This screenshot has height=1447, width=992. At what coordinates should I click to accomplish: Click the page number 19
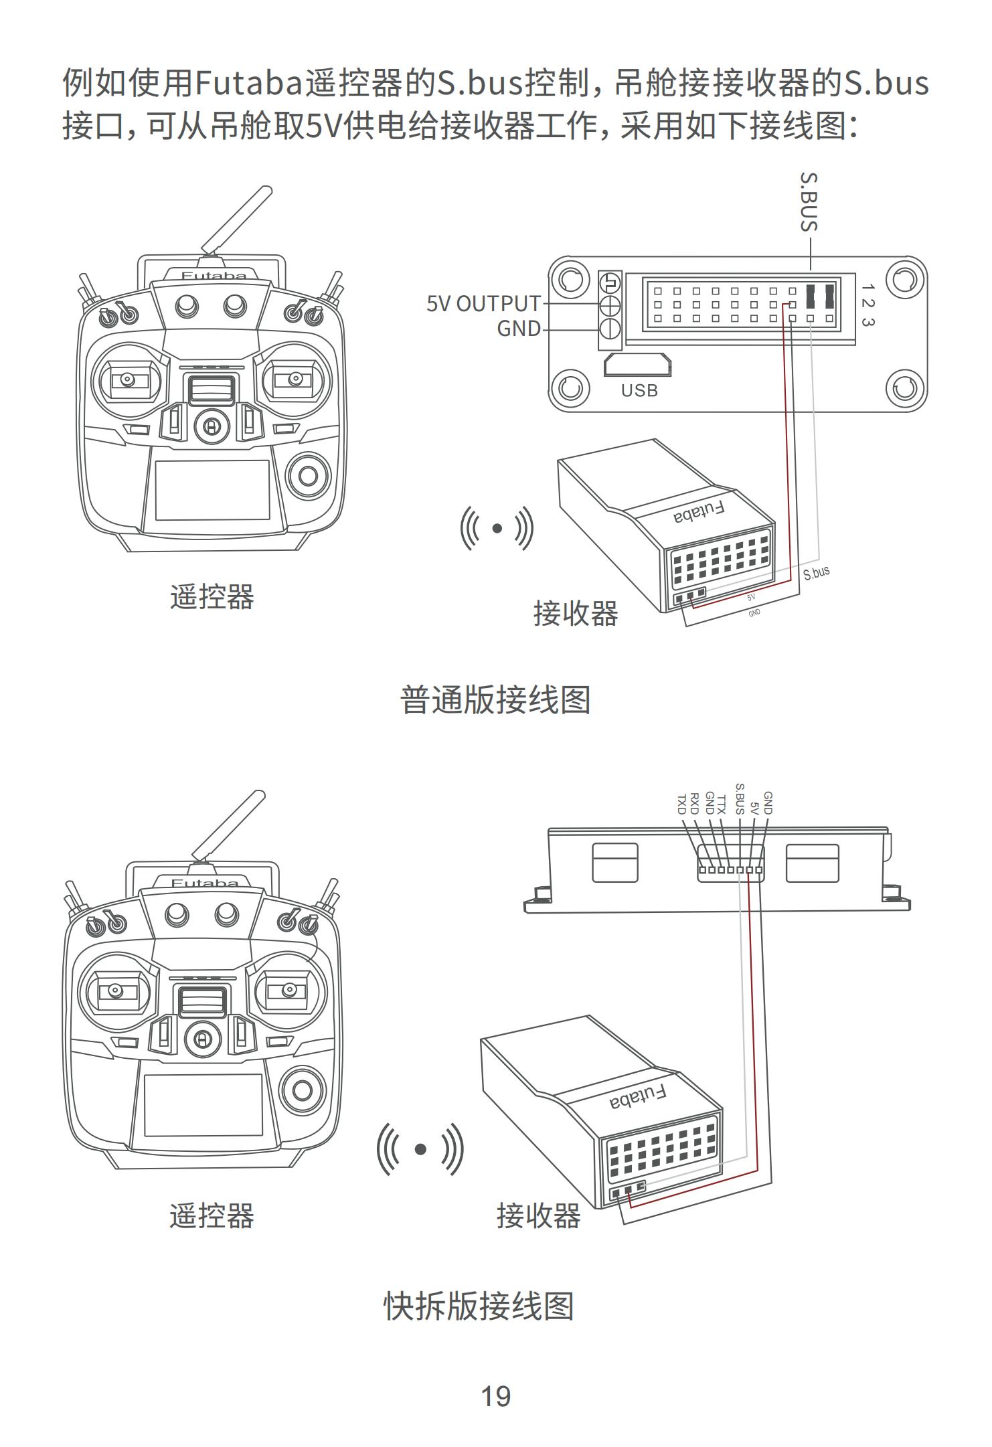[495, 1396]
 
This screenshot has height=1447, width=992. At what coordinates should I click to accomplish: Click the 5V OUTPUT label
[483, 304]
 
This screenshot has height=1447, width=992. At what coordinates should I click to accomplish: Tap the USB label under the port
[639, 391]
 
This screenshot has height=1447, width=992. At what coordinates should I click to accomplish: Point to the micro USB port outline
[637, 365]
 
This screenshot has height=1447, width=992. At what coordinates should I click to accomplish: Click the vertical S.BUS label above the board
[809, 201]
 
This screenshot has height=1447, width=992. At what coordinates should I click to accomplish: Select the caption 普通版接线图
[495, 700]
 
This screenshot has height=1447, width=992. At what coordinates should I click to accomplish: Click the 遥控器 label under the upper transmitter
[212, 596]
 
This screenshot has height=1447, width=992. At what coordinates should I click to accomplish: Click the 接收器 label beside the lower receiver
[538, 1215]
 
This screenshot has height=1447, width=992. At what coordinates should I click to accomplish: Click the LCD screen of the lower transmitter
[203, 1104]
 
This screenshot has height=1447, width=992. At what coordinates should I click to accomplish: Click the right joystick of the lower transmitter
[290, 989]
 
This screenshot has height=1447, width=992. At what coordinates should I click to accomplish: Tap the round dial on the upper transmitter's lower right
[308, 476]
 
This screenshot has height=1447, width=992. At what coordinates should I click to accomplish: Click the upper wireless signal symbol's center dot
[497, 528]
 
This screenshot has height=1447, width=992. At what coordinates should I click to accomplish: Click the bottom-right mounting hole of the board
[905, 388]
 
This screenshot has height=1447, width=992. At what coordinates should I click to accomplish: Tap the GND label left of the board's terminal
[519, 329]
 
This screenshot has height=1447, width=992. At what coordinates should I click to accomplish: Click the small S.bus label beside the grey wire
[816, 573]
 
